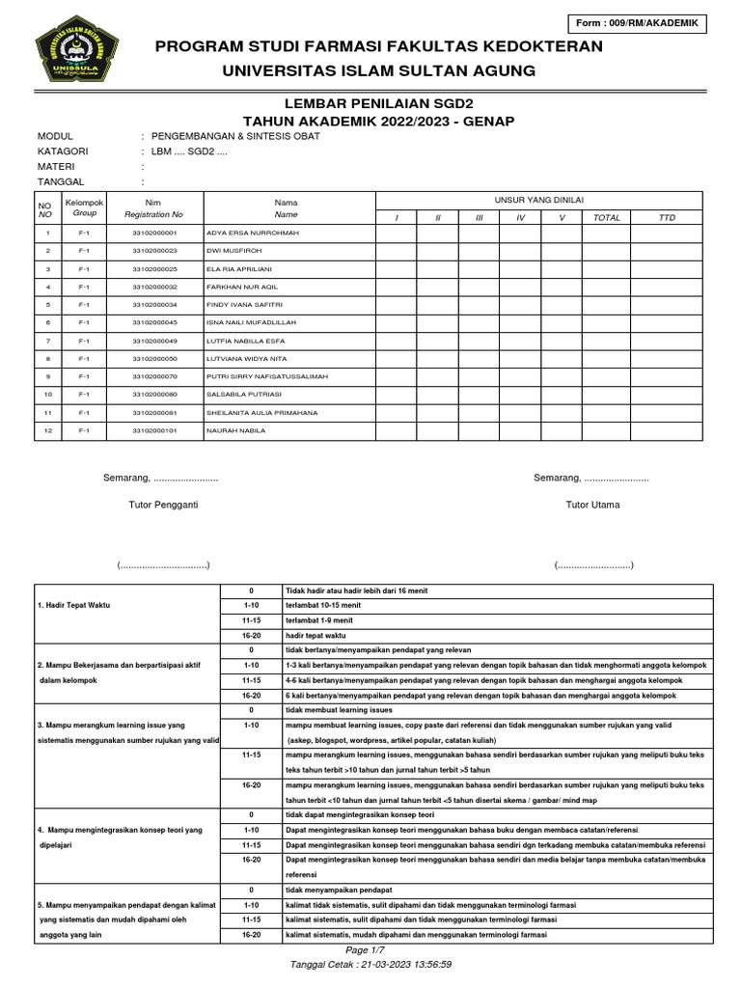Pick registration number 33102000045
154,322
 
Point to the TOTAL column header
607,218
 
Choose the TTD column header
667,218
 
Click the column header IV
520,218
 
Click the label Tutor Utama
592,505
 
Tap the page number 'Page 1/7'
371,950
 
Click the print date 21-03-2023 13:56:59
406,964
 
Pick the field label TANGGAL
61,181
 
